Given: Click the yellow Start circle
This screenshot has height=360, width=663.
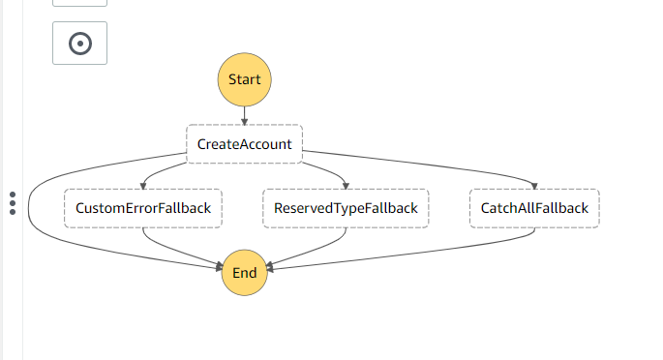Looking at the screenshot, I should pyautogui.click(x=244, y=79).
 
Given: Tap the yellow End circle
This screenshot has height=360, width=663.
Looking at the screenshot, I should pyautogui.click(x=244, y=272).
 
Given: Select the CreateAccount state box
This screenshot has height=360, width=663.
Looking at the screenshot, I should pyautogui.click(x=244, y=144).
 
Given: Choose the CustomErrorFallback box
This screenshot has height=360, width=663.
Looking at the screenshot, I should pyautogui.click(x=143, y=208).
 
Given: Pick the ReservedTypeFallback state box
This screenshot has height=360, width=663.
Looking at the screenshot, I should pyautogui.click(x=346, y=208).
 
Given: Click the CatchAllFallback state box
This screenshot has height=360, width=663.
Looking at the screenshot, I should pyautogui.click(x=534, y=208).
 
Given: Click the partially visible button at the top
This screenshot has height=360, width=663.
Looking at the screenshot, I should pyautogui.click(x=79, y=3).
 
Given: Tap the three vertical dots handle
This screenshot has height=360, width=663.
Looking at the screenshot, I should pyautogui.click(x=13, y=203).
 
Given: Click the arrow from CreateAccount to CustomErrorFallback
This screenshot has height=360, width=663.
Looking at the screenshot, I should pyautogui.click(x=169, y=171).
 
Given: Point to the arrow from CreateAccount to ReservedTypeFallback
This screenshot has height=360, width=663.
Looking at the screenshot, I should pyautogui.click(x=319, y=170).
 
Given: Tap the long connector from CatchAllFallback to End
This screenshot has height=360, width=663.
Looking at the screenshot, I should pyautogui.click(x=436, y=259).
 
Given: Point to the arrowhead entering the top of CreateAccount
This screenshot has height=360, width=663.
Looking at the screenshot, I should pyautogui.click(x=244, y=121).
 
